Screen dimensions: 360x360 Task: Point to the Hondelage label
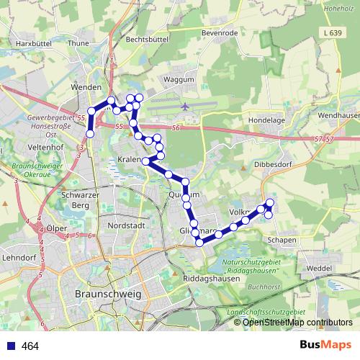[262, 121]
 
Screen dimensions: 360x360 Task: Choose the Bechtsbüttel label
[150, 41]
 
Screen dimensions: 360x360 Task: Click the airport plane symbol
[186, 106]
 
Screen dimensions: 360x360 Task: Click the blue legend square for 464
[12, 346]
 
